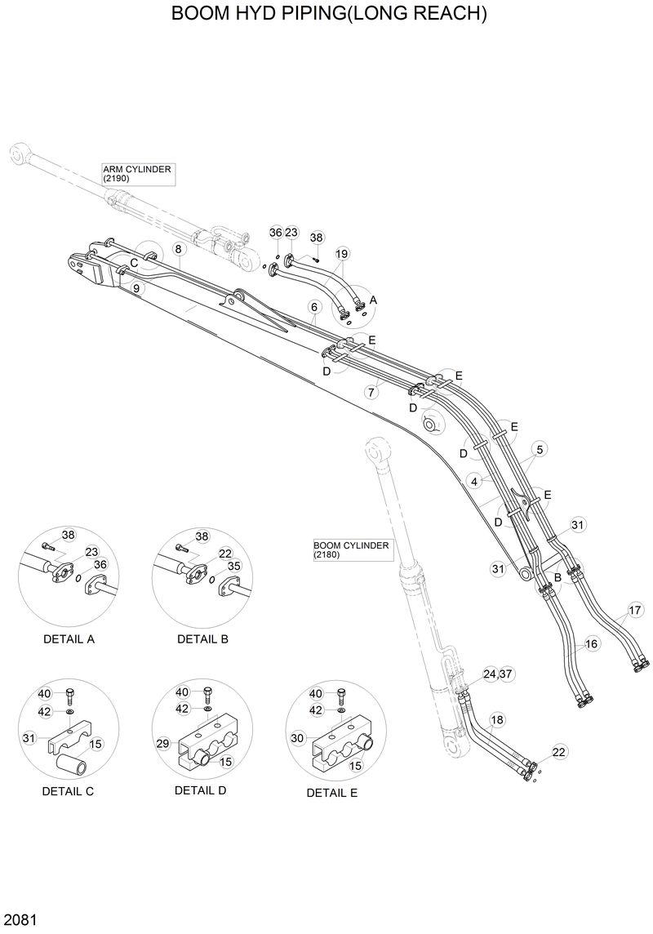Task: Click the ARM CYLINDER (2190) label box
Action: tap(137, 173)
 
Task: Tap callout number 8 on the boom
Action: tap(177, 249)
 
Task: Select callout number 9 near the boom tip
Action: tap(136, 287)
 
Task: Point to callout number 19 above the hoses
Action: tap(342, 254)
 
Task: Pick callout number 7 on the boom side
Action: tap(371, 392)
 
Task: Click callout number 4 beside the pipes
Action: tap(474, 482)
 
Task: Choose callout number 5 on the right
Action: tap(540, 448)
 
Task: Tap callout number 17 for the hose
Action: tap(636, 609)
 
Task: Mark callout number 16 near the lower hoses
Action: tap(592, 644)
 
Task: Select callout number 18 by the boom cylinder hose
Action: tap(497, 719)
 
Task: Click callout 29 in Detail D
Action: tap(162, 744)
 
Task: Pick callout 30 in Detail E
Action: tap(296, 737)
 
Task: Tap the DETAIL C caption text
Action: tap(69, 791)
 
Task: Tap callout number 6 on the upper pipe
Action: tap(313, 307)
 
